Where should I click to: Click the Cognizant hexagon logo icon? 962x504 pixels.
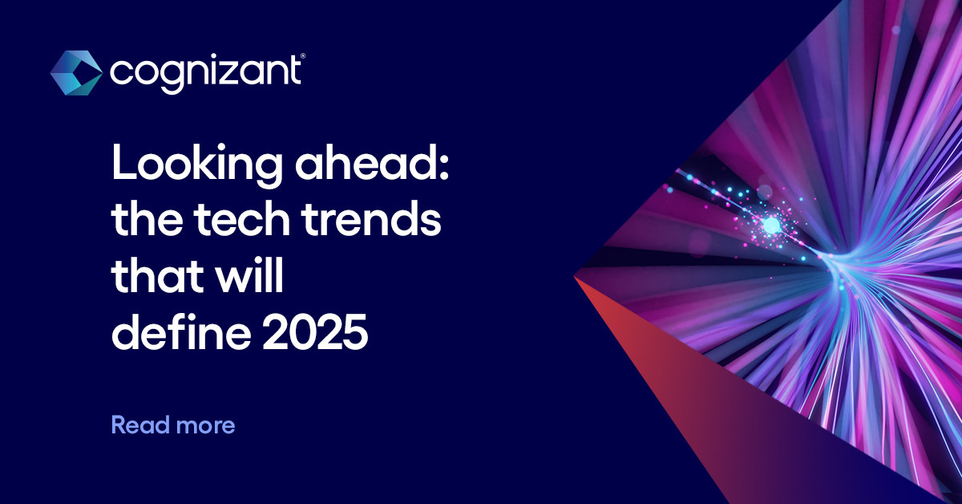point(76,72)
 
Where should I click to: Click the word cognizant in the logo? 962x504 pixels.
point(204,73)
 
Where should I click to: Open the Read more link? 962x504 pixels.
point(173,425)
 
